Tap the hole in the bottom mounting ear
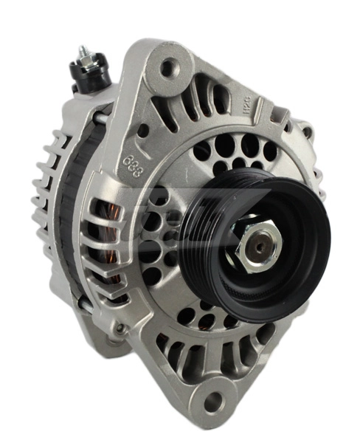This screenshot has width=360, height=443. tap(212, 403)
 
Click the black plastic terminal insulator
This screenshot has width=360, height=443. tap(87, 77)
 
